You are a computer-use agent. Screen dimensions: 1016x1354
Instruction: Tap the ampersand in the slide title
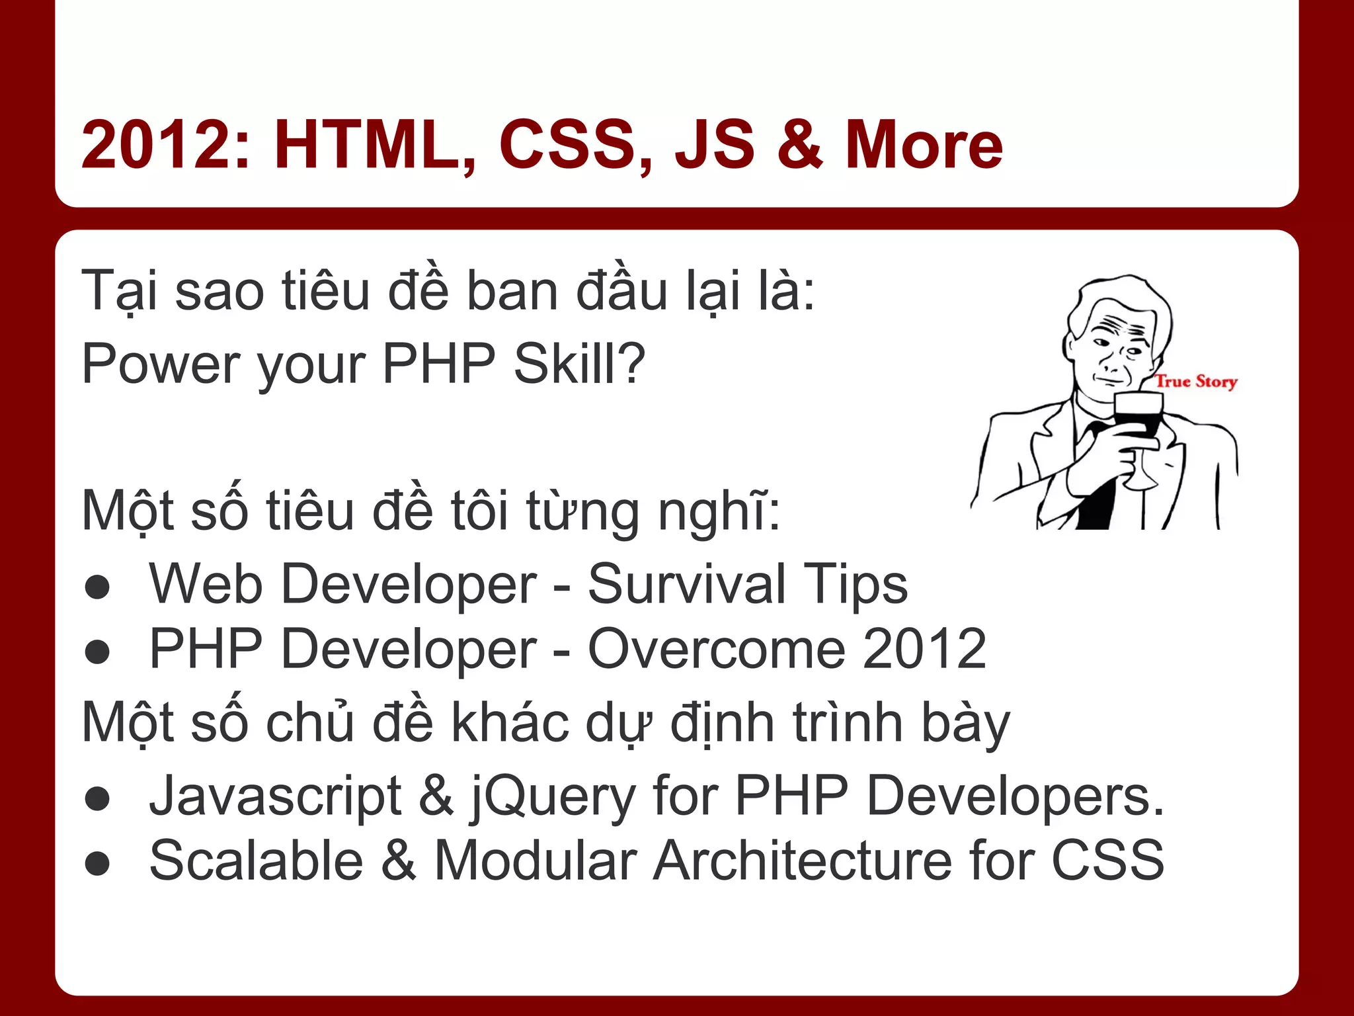click(x=799, y=144)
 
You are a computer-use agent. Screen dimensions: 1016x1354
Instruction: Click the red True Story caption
click(x=1196, y=382)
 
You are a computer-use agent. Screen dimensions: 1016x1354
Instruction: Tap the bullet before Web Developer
click(x=98, y=587)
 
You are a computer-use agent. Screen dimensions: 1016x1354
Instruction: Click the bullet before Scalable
click(x=98, y=863)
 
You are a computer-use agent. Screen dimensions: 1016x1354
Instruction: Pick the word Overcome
click(x=717, y=650)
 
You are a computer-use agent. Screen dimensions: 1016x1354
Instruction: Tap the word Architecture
click(x=803, y=861)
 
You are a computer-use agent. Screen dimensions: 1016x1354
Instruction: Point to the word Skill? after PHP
click(x=579, y=364)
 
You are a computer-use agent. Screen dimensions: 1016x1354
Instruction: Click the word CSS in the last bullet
click(x=1107, y=861)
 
